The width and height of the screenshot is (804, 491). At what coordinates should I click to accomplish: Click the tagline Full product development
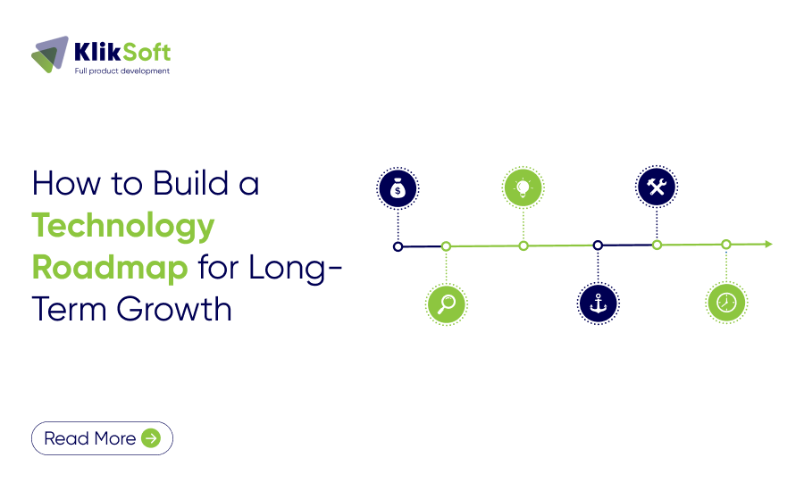pyautogui.click(x=121, y=71)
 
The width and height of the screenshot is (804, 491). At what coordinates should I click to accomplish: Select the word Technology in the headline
pyautogui.click(x=123, y=226)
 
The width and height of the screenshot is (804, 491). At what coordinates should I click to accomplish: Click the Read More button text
pyautogui.click(x=89, y=438)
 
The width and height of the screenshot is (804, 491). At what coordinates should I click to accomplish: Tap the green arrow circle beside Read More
pyautogui.click(x=151, y=438)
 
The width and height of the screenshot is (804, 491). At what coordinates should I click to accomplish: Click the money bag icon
pyautogui.click(x=398, y=188)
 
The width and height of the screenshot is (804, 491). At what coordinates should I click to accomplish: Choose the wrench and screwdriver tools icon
pyautogui.click(x=657, y=187)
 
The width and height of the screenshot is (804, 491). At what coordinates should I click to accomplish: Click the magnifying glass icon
pyautogui.click(x=447, y=304)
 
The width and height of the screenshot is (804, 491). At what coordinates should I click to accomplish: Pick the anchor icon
pyautogui.click(x=598, y=304)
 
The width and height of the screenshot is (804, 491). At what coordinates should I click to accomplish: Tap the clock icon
pyautogui.click(x=726, y=303)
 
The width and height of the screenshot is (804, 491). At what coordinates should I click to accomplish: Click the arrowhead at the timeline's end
pyautogui.click(x=767, y=244)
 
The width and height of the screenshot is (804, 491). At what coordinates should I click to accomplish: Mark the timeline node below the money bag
pyautogui.click(x=398, y=245)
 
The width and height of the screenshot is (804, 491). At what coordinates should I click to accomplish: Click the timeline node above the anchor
pyautogui.click(x=598, y=245)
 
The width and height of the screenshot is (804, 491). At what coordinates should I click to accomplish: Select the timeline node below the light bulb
pyautogui.click(x=523, y=245)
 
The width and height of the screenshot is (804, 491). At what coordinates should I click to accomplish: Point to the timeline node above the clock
pyautogui.click(x=726, y=244)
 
